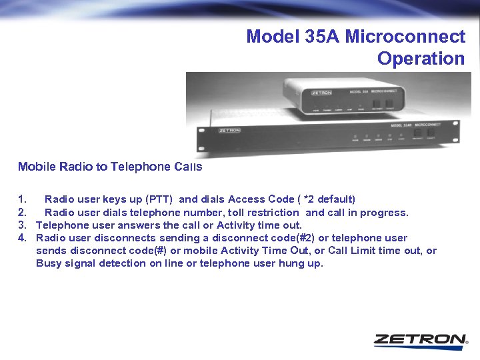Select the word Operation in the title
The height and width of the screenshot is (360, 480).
coord(421,59)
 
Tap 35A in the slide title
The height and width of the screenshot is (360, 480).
coord(323,36)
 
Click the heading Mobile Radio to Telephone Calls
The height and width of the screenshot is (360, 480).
coord(110,167)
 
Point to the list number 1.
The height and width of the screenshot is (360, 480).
coord(23,199)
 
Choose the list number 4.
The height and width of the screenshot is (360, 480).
coord(23,238)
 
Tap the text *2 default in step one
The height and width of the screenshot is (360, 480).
coord(327,199)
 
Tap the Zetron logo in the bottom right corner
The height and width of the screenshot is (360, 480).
coord(420,339)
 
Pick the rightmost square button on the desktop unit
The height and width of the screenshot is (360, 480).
coord(389,101)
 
